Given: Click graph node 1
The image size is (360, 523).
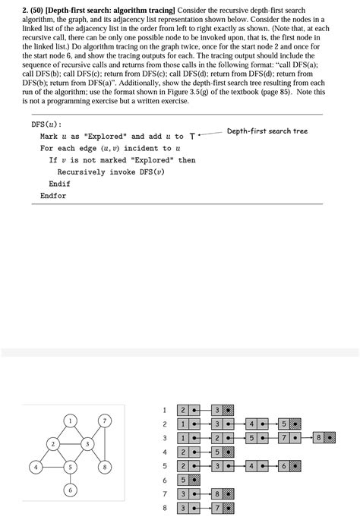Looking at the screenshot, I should (x=70, y=420).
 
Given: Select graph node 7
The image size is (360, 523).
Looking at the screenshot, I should (x=106, y=420).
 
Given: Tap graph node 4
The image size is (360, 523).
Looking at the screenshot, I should (x=34, y=467).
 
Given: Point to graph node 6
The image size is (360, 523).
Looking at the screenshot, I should (x=70, y=490).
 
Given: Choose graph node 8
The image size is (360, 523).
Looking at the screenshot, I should (x=106, y=467).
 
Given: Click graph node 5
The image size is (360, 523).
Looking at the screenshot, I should (x=70, y=467).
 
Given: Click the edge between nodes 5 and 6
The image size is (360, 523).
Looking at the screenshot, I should (x=70, y=479).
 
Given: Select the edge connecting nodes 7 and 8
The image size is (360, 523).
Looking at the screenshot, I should (x=106, y=443).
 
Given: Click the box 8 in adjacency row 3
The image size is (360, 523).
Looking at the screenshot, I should (x=319, y=438).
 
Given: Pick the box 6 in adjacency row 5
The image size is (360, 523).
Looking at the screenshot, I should (x=284, y=466).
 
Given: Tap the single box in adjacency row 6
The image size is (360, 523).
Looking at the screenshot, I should (x=183, y=480).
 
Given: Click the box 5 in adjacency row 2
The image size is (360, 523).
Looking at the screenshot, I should (x=284, y=424).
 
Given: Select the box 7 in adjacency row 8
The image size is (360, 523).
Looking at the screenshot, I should (x=217, y=508).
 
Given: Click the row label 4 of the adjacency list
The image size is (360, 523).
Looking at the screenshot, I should (x=164, y=452).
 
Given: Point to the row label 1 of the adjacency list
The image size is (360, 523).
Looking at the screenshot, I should (x=164, y=410).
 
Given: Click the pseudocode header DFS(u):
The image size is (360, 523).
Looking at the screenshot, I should (x=47, y=124).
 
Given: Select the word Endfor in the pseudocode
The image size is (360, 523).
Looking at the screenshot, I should (x=53, y=196).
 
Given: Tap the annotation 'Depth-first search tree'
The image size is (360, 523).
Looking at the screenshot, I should (x=267, y=131).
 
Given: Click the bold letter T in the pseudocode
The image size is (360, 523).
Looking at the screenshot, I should (x=192, y=137).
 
